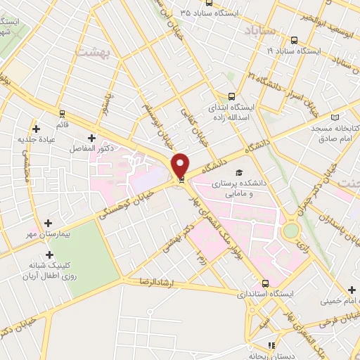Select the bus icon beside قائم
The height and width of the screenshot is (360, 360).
[x=62, y=113]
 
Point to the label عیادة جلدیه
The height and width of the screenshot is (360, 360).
[x=35, y=139]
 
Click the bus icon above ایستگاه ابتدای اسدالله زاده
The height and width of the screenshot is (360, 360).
[x=231, y=98]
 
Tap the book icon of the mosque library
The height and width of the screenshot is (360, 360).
[x=335, y=117]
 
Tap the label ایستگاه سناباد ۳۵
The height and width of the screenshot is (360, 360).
[x=212, y=13]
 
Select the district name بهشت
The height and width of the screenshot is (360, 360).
[x=91, y=52]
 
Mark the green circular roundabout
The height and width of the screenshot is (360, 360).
[x=290, y=230]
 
